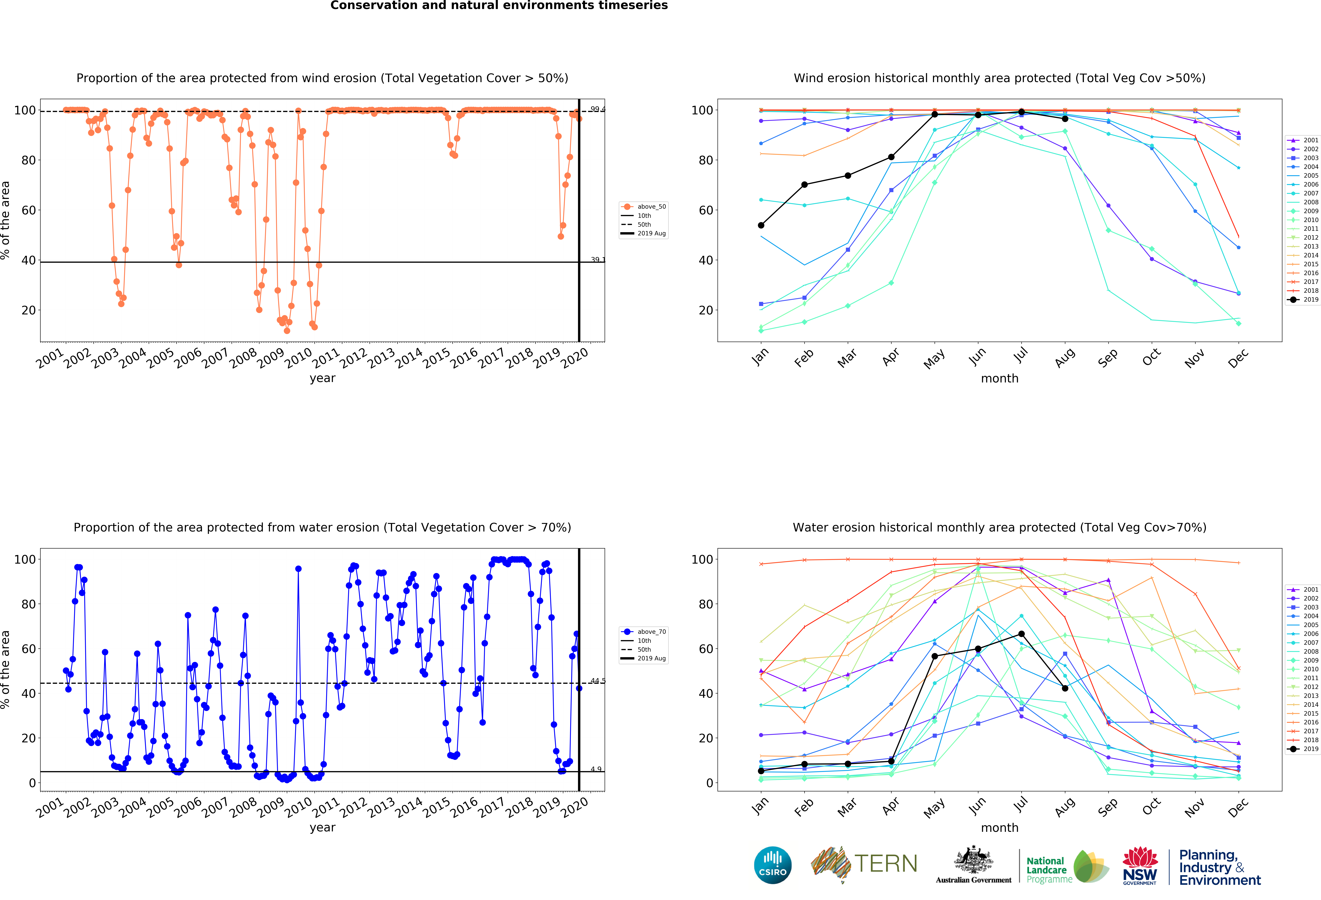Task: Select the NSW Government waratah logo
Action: [x=1140, y=865]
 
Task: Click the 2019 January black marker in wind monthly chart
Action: [x=761, y=226]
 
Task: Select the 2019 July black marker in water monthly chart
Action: [x=1022, y=634]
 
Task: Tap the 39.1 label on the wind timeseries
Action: [x=597, y=260]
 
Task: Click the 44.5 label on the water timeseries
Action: [x=597, y=681]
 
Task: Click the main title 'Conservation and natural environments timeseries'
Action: [x=499, y=6]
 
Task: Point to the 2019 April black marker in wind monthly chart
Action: [x=891, y=157]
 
